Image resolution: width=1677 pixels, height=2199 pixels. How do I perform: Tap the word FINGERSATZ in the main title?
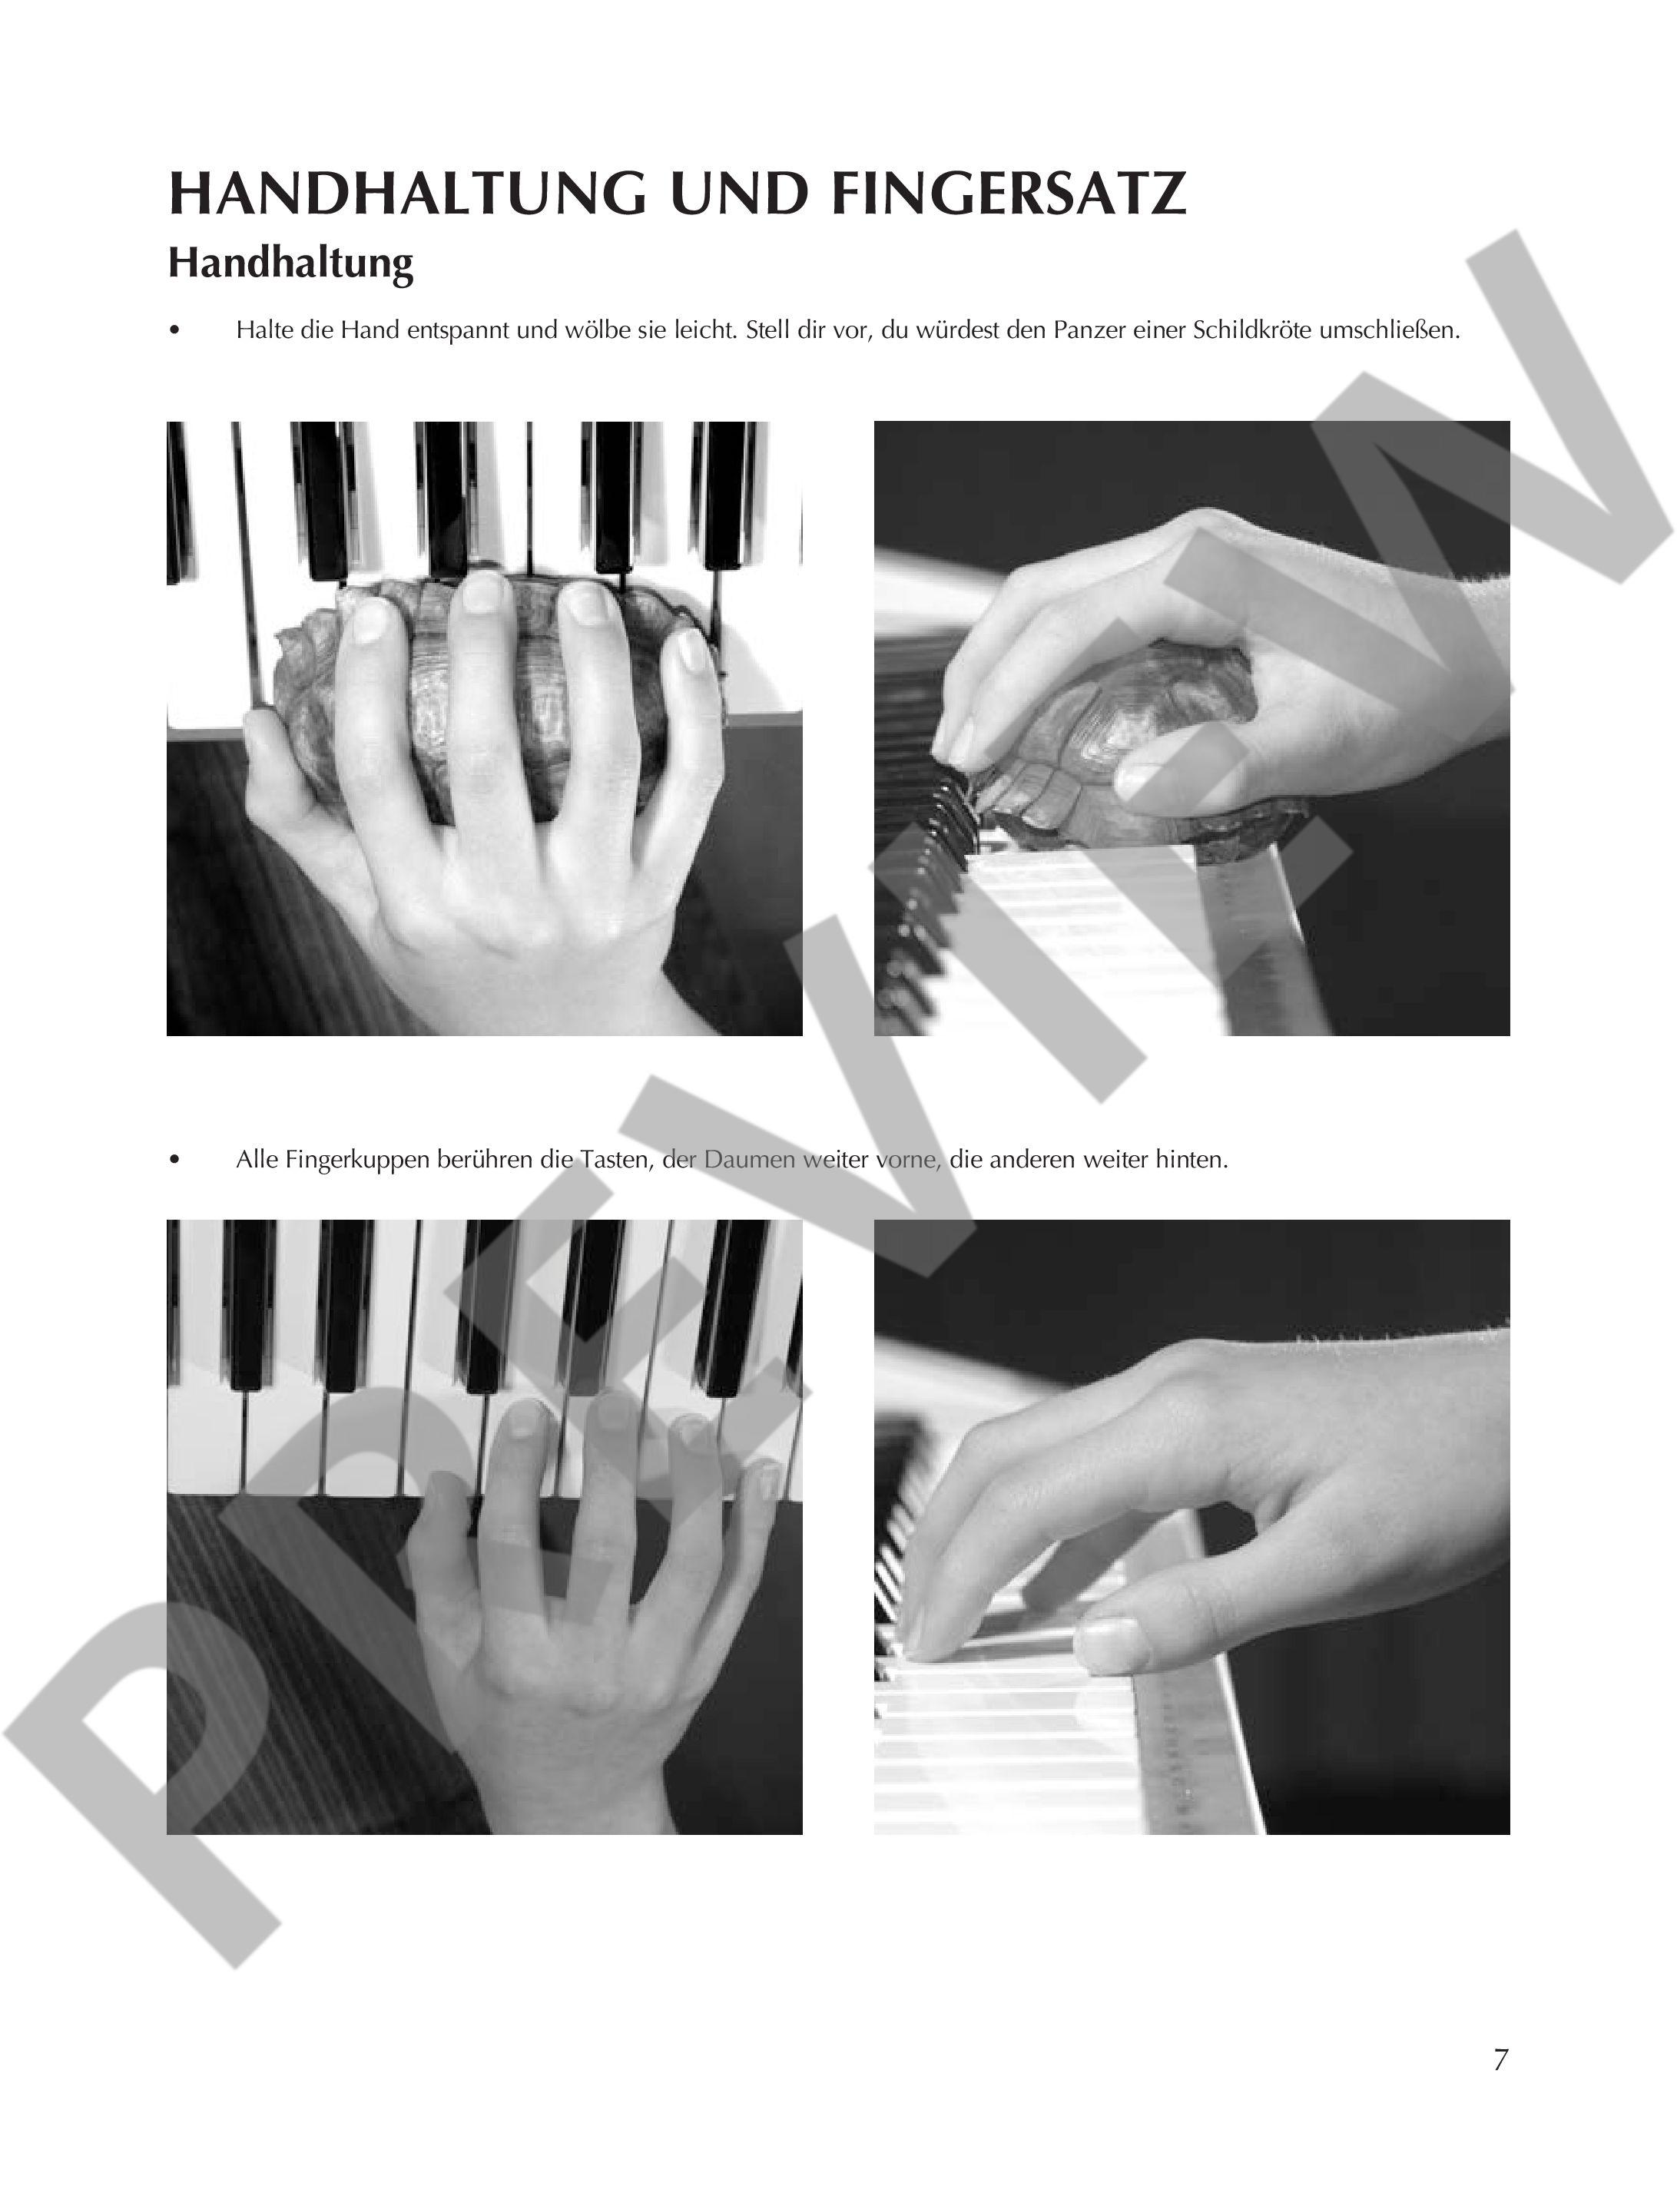(1008, 194)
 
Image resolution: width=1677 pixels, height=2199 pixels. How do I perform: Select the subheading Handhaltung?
(290, 263)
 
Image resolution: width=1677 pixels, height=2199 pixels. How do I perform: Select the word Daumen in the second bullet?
(750, 1160)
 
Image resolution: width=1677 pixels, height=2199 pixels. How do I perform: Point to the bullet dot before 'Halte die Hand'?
(176, 330)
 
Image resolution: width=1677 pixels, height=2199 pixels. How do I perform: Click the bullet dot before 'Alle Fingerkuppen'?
(176, 1160)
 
